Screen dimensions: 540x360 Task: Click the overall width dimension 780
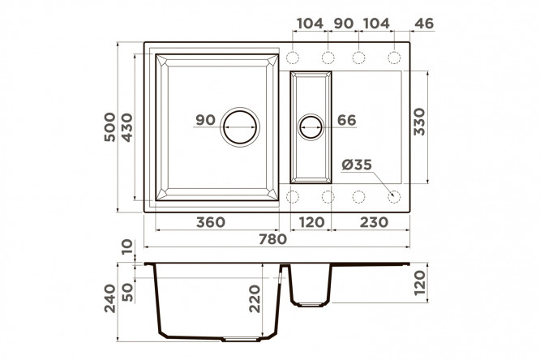pyautogui.click(x=272, y=238)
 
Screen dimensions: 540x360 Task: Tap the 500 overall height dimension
pyautogui.click(x=110, y=126)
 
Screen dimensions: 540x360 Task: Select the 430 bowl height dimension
pyautogui.click(x=127, y=127)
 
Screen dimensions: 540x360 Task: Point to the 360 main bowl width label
pyautogui.click(x=211, y=222)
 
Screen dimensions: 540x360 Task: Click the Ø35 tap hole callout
pyautogui.click(x=357, y=165)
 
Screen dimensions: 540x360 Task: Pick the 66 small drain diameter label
pyautogui.click(x=346, y=120)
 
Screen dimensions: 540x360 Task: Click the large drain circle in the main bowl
pyautogui.click(x=240, y=126)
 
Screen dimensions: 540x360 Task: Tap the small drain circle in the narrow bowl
pyautogui.click(x=311, y=127)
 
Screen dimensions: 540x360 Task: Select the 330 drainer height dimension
pyautogui.click(x=419, y=122)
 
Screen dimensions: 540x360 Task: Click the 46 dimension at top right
pyautogui.click(x=424, y=24)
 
